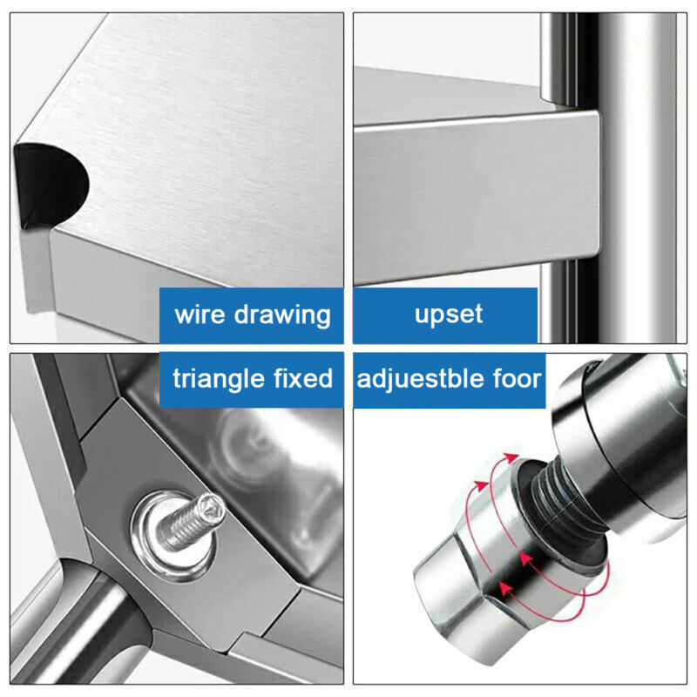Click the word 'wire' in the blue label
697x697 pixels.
coord(200,315)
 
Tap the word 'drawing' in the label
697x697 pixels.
coord(282,315)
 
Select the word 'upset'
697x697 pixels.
coord(448,315)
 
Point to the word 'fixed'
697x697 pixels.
coord(302,378)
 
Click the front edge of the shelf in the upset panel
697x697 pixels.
coord(477,195)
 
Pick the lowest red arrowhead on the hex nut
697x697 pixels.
coord(505,589)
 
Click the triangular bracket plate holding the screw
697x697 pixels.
coord(186,524)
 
